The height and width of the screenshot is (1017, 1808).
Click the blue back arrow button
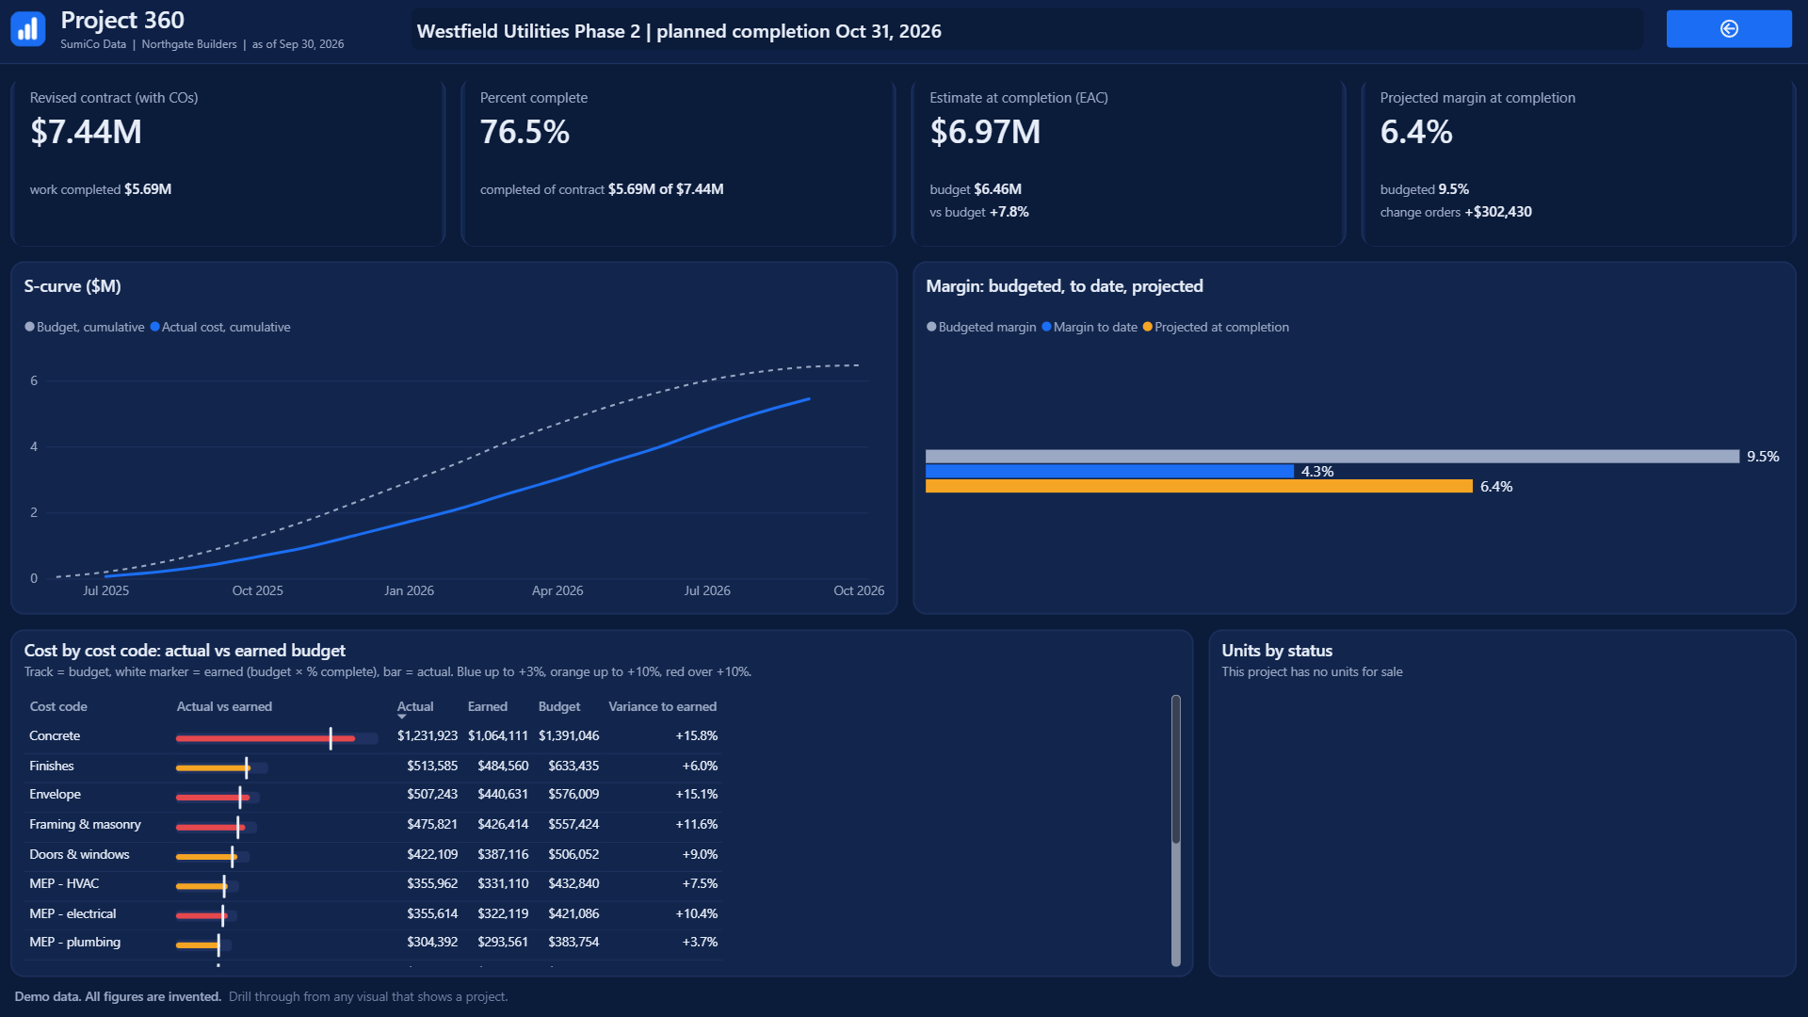coord(1729,29)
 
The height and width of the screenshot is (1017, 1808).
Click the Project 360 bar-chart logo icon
coord(28,29)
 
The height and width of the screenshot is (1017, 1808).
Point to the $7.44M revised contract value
coord(86,132)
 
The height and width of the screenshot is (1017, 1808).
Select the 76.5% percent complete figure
coord(525,132)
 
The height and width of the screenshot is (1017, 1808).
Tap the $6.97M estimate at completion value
coord(985,132)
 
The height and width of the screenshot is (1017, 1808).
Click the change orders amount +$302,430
coord(1498,212)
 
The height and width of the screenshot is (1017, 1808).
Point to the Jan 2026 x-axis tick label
coord(409,590)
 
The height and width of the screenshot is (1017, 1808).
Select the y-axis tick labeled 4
coord(34,446)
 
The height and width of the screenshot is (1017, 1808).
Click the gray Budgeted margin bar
coord(1332,457)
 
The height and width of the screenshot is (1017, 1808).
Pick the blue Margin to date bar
coord(1109,471)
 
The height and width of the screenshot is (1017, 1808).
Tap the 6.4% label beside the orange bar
coord(1496,487)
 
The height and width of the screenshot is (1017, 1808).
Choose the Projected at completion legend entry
coord(1216,327)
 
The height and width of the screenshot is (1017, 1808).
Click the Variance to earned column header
coord(662,706)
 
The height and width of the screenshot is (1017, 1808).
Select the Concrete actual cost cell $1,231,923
coord(428,735)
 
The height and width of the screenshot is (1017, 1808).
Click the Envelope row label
coord(55,794)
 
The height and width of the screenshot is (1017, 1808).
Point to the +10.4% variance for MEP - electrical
coord(697,913)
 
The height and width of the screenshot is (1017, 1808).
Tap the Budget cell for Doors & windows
coord(573,854)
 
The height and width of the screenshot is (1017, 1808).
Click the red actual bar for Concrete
coord(266,738)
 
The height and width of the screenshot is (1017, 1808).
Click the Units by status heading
coord(1277,651)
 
